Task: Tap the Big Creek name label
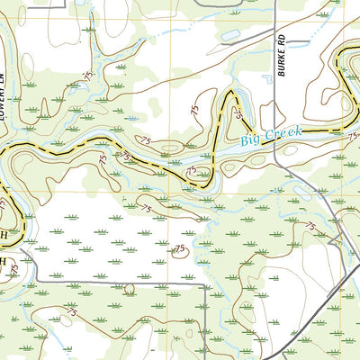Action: (271, 138)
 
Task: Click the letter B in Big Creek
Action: (245, 143)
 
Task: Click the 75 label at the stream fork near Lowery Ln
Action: (87, 76)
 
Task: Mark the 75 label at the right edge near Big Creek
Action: (354, 136)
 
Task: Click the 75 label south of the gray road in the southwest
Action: (70, 311)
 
